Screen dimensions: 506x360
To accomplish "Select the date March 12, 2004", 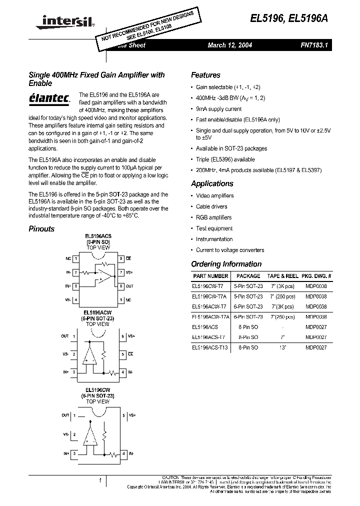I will [229, 45].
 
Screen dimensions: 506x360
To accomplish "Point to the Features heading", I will [205, 75].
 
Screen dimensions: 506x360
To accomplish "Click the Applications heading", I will [212, 183].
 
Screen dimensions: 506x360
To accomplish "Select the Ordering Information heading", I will [226, 264].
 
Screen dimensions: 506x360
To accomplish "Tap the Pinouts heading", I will [41, 229].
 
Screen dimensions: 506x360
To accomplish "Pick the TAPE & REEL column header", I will [282, 276].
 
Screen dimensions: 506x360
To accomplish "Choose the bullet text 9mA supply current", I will [218, 109].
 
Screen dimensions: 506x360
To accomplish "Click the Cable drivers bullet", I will [211, 206].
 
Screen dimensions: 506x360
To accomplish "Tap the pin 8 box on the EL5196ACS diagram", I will [121, 258].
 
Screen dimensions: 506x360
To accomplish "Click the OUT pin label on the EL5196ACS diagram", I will [129, 286].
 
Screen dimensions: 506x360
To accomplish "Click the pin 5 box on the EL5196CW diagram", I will [123, 415].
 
